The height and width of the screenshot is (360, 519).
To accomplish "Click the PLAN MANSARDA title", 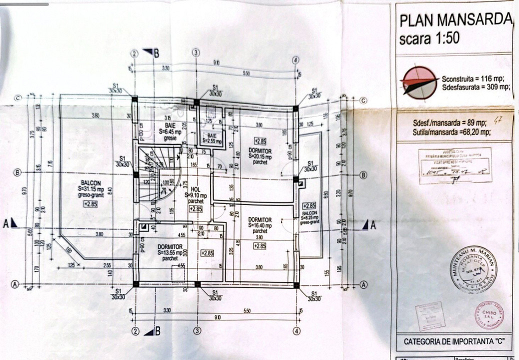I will pos(455,20).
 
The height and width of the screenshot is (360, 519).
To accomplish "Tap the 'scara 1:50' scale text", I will pos(429,38).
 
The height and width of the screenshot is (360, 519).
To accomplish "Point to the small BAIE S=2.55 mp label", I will pos(212,138).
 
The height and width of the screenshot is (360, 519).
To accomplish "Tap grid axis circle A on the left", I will pos(14,284).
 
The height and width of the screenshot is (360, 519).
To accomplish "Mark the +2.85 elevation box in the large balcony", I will pos(90,204).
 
